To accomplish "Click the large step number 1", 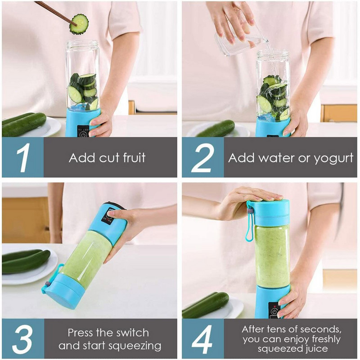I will (22, 157).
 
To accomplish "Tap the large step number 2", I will (202, 157).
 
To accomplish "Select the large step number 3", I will (22, 339).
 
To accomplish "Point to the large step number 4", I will (202, 339).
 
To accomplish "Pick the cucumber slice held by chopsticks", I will (79, 24).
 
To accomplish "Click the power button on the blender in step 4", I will (274, 310).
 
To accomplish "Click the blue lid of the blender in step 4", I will (269, 212).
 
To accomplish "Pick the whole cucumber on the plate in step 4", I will (205, 305).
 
